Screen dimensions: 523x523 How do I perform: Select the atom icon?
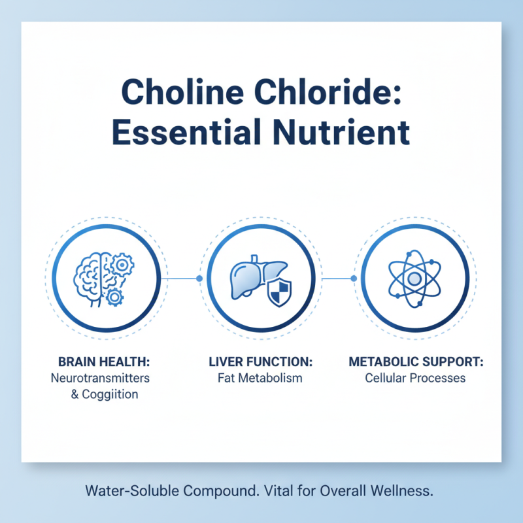coord(414,278)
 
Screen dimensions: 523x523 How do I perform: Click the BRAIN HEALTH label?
coord(103,362)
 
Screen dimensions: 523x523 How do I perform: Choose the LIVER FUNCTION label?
coord(260,362)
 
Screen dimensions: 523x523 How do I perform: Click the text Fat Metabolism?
coord(260,378)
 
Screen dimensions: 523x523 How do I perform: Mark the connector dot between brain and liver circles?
coord(199,278)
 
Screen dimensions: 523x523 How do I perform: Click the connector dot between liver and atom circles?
coord(354,278)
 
